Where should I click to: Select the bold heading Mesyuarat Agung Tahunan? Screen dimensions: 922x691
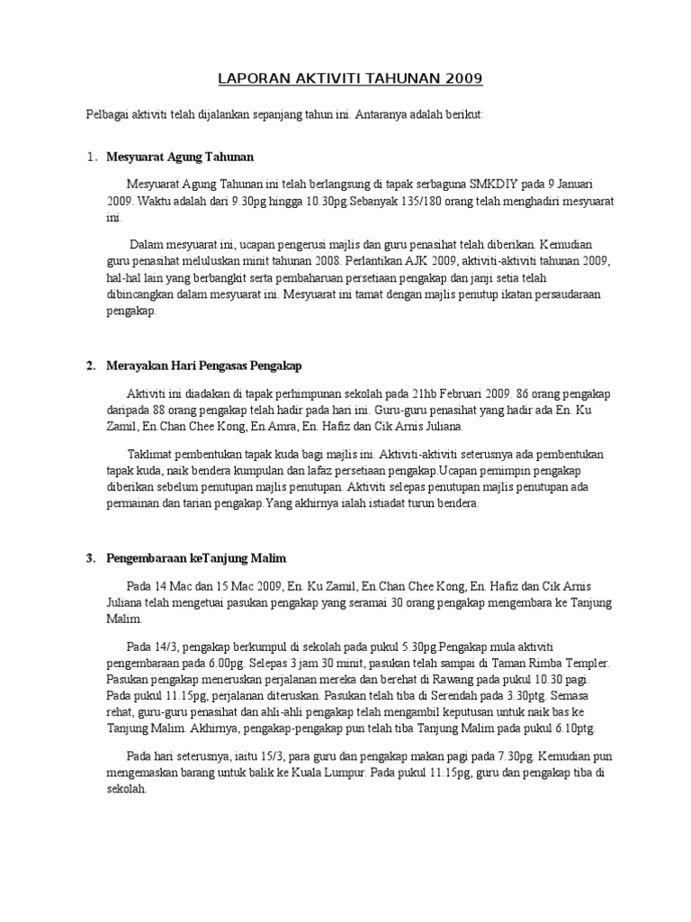tap(180, 157)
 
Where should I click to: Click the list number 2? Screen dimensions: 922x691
tap(91, 366)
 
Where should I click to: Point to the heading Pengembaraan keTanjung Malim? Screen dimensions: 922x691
tap(197, 558)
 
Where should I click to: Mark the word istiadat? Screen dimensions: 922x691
tap(376, 504)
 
